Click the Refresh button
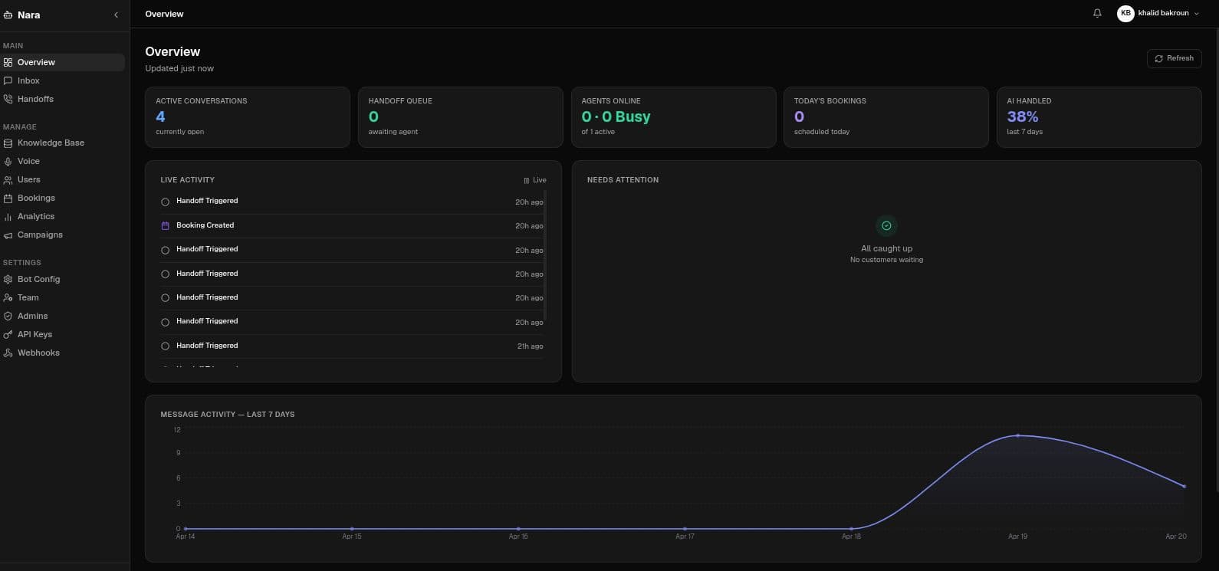pyautogui.click(x=1174, y=58)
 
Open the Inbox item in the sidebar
pyautogui.click(x=28, y=80)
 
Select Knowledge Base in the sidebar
pyautogui.click(x=51, y=143)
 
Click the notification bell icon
pyautogui.click(x=1097, y=14)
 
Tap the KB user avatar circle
pyautogui.click(x=1125, y=13)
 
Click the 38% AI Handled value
pyautogui.click(x=1022, y=116)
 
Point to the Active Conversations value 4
pyautogui.click(x=160, y=116)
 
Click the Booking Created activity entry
pyautogui.click(x=205, y=225)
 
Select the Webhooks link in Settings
pyautogui.click(x=38, y=353)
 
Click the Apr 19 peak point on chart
pyautogui.click(x=1017, y=435)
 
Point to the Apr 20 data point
pyautogui.click(x=1184, y=486)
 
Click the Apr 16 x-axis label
pyautogui.click(x=518, y=537)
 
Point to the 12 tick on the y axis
pyautogui.click(x=177, y=430)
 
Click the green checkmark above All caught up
pyautogui.click(x=886, y=225)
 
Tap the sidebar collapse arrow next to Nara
pyautogui.click(x=116, y=15)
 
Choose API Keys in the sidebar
pyautogui.click(x=34, y=334)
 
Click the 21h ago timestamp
pyautogui.click(x=530, y=346)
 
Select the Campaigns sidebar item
pyautogui.click(x=40, y=235)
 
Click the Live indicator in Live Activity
pyautogui.click(x=535, y=180)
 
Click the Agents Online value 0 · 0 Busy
pyautogui.click(x=616, y=116)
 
